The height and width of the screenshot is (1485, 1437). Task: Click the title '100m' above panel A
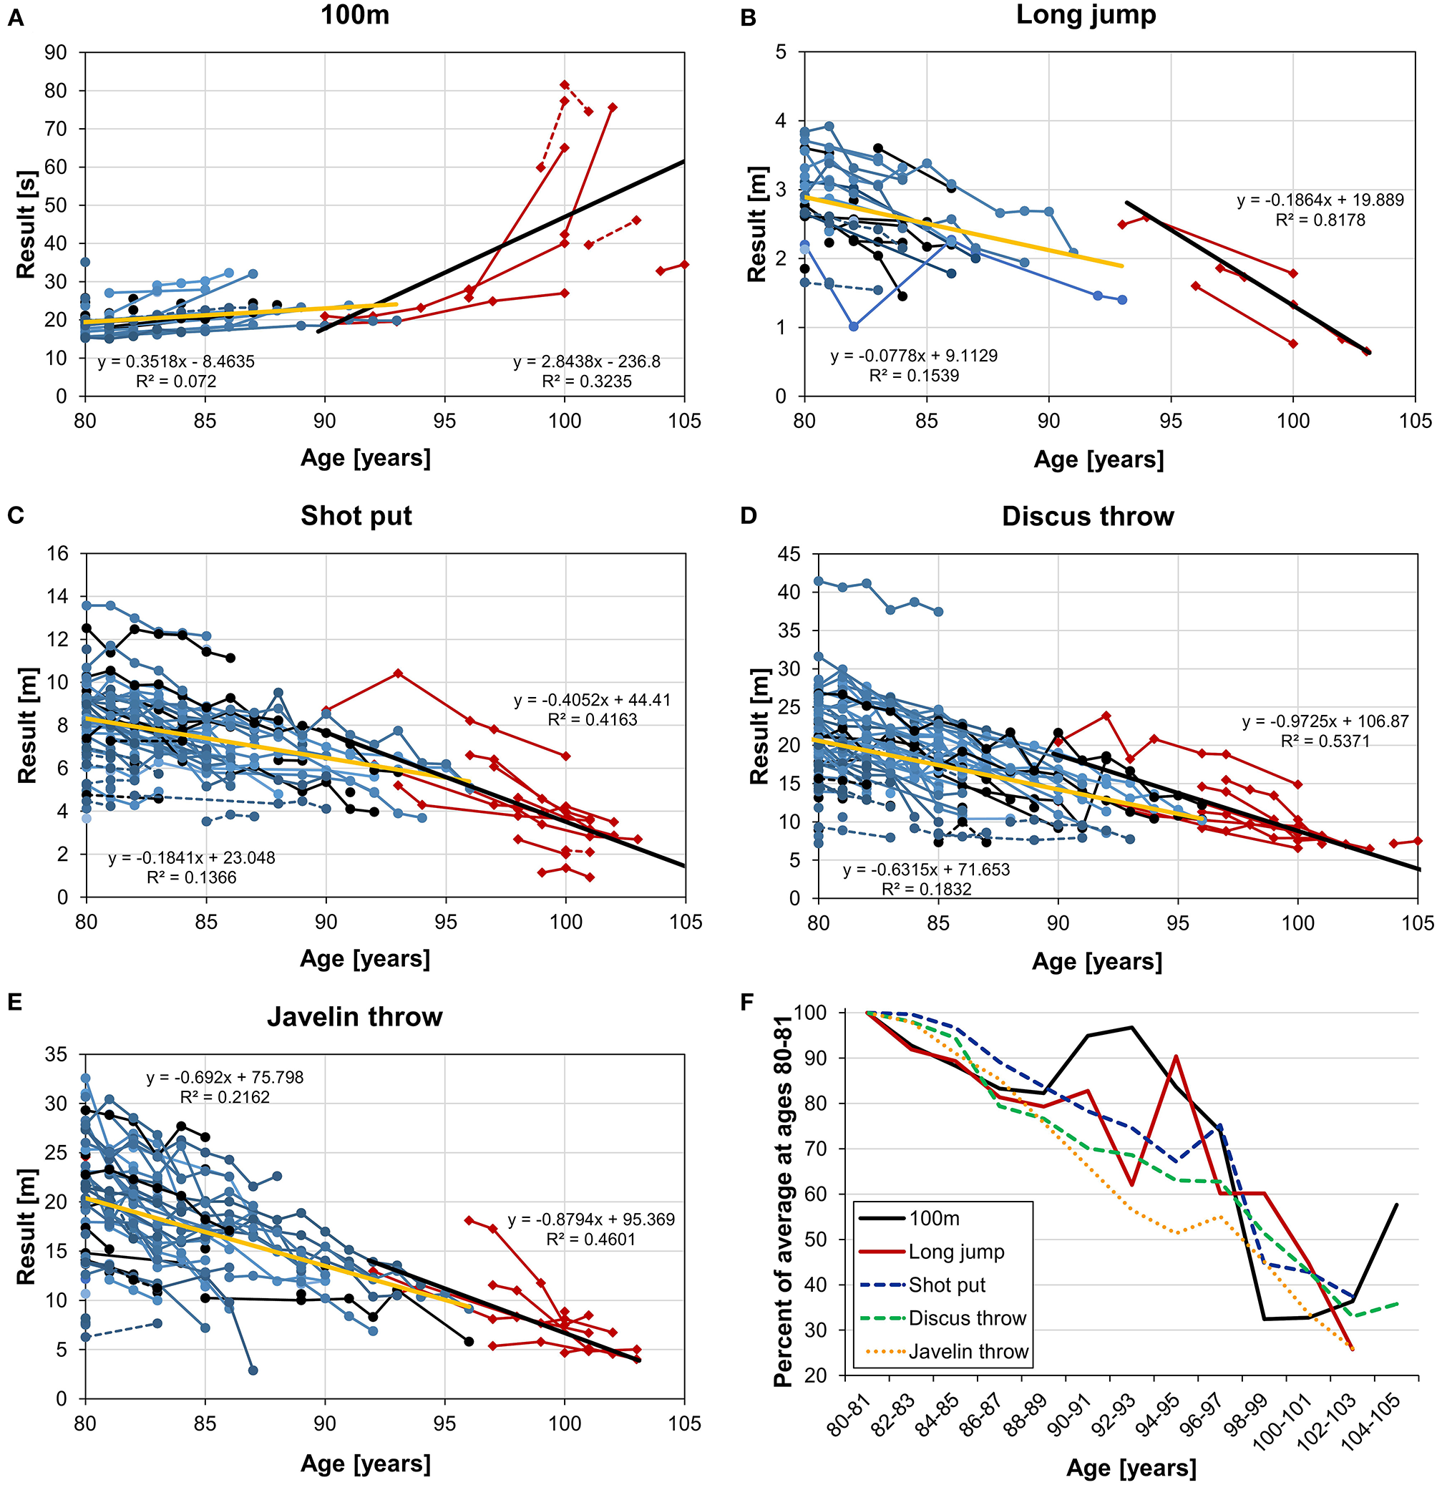pos(354,15)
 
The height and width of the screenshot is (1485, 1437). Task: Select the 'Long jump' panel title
pos(1086,15)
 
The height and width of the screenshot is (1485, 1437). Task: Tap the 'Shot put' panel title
pos(356,516)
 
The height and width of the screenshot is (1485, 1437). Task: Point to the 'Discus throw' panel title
pos(1088,517)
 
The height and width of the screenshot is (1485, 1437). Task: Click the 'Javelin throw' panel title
pos(354,1017)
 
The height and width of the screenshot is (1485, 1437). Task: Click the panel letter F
pos(748,1003)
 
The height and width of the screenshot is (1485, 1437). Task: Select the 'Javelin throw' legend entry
pos(968,1352)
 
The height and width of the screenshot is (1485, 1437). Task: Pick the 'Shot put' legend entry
pos(947,1285)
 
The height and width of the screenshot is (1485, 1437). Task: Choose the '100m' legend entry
pos(934,1218)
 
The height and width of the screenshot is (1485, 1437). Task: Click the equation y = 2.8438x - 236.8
pos(586,362)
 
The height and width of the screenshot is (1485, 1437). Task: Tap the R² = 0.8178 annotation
pos(1320,220)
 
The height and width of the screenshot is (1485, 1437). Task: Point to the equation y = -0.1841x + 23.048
pos(192,858)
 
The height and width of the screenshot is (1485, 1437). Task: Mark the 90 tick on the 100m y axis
pos(56,53)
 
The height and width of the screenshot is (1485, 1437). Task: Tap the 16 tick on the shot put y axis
pos(56,554)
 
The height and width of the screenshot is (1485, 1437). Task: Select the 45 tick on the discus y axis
pos(789,555)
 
